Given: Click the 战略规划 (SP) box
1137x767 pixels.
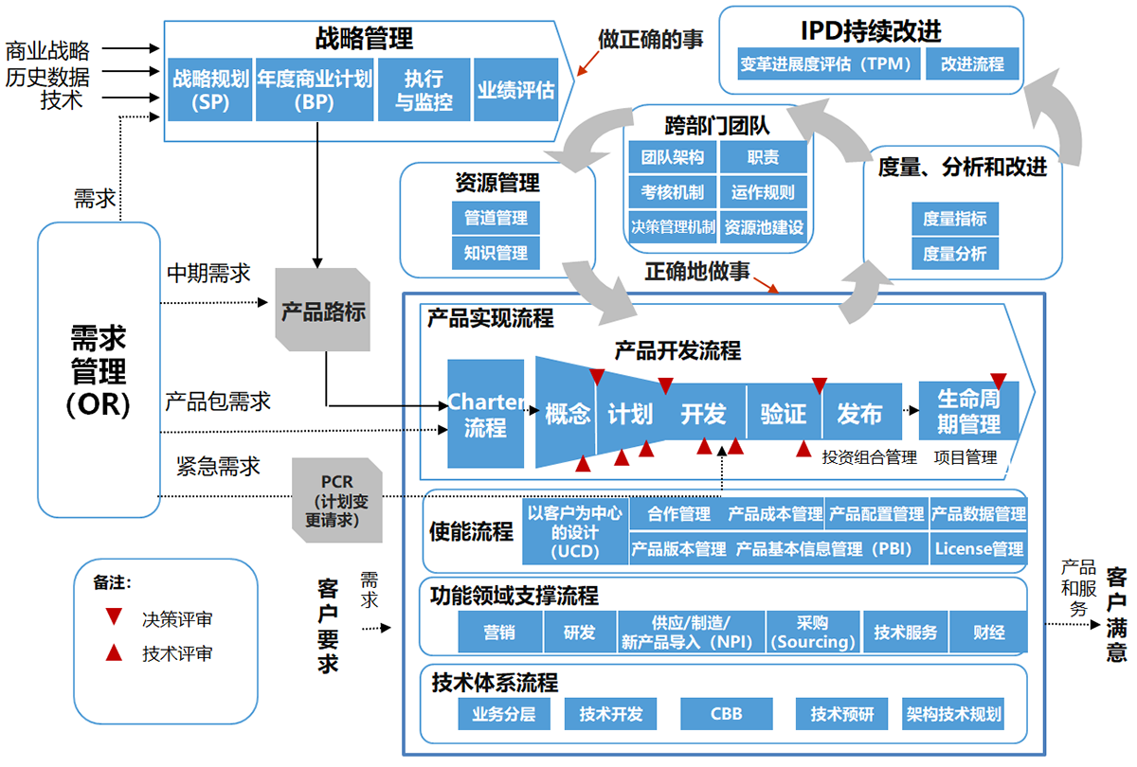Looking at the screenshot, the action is (210, 90).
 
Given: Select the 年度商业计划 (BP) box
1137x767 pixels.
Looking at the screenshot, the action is (315, 90).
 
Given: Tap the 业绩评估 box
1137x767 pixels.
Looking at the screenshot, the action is (515, 90).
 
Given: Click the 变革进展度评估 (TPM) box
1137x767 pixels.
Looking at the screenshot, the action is (828, 64).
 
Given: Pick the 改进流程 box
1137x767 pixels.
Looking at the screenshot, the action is (972, 64).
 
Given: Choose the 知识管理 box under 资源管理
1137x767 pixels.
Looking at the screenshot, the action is (496, 253).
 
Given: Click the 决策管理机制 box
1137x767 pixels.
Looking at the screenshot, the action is (673, 227).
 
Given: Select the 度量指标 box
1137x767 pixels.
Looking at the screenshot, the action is (955, 219).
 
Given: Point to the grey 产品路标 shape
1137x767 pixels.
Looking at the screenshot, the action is (323, 310).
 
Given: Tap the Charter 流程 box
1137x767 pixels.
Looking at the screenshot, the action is (486, 414).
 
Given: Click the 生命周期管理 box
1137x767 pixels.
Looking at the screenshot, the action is (968, 411).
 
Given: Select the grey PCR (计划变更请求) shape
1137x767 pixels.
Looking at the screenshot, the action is (337, 500).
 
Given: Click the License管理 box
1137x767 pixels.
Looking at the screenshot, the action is (979, 548).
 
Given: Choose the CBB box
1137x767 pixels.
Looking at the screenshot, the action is (727, 714).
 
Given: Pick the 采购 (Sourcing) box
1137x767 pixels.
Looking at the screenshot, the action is (813, 633).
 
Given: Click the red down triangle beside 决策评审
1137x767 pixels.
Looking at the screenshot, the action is (114, 616).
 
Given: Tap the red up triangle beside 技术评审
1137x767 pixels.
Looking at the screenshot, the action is (114, 652).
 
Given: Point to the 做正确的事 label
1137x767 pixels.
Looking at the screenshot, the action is (650, 39).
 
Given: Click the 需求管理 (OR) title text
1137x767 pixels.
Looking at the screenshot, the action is (99, 371).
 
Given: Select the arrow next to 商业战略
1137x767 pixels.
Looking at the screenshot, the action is (131, 48).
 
